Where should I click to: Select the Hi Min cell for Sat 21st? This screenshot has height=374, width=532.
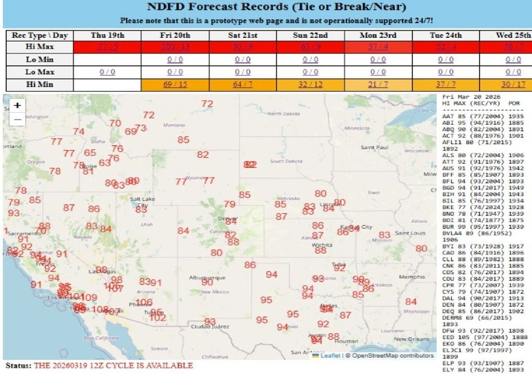243,85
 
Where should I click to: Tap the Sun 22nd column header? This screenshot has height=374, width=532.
310,35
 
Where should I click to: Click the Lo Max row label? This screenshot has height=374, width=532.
39,72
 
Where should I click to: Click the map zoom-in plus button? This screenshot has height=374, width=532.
18,105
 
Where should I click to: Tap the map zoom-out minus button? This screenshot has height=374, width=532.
18,119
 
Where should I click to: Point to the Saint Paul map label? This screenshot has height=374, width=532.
375,148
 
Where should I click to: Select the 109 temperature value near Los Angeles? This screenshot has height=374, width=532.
89,298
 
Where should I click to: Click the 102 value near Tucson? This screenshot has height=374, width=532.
157,318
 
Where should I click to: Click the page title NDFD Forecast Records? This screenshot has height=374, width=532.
276,8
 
